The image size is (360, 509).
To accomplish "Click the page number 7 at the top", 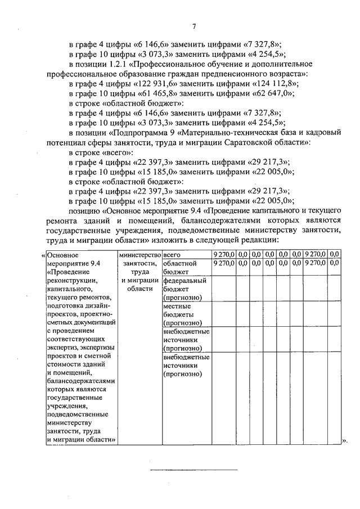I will (x=193, y=26).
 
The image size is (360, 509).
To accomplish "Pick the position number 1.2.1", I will (x=119, y=64).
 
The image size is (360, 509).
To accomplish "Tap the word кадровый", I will (x=325, y=133).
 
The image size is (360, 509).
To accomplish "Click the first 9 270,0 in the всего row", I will (x=224, y=255).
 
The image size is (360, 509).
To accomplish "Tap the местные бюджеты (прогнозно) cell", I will (x=184, y=314).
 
